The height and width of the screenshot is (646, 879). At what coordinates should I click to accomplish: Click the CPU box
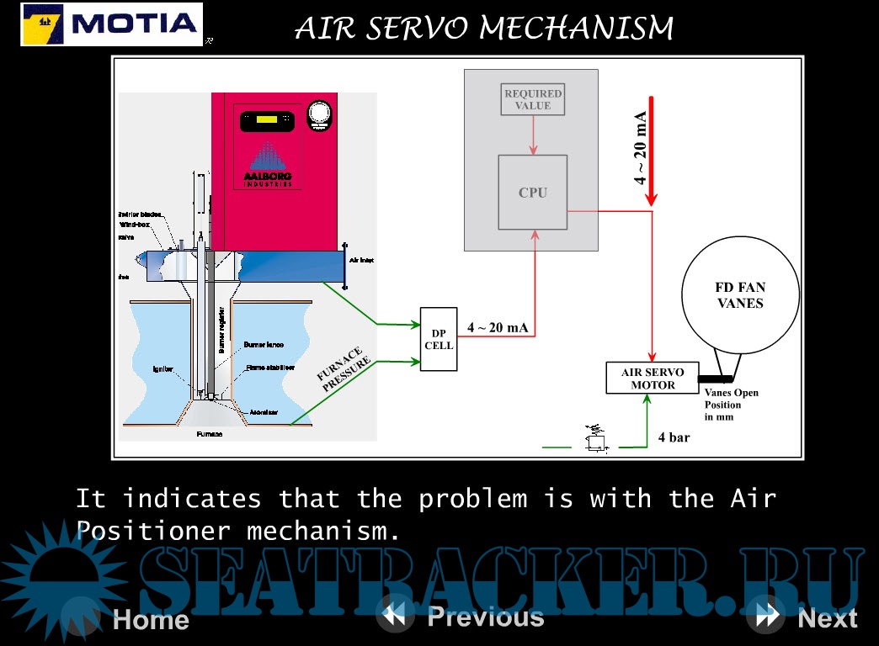(532, 193)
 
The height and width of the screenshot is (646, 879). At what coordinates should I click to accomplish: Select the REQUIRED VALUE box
(532, 99)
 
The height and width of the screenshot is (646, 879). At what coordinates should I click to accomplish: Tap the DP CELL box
(439, 339)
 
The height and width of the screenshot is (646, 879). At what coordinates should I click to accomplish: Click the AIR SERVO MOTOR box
(653, 379)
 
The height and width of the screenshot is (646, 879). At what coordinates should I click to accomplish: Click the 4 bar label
(674, 437)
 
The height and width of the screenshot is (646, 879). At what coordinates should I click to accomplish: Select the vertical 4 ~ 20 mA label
(642, 147)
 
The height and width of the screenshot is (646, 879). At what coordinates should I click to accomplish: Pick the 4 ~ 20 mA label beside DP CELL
(498, 327)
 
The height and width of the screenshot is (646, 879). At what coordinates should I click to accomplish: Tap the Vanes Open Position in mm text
(731, 405)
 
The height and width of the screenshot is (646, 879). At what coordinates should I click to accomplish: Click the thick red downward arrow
(651, 151)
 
